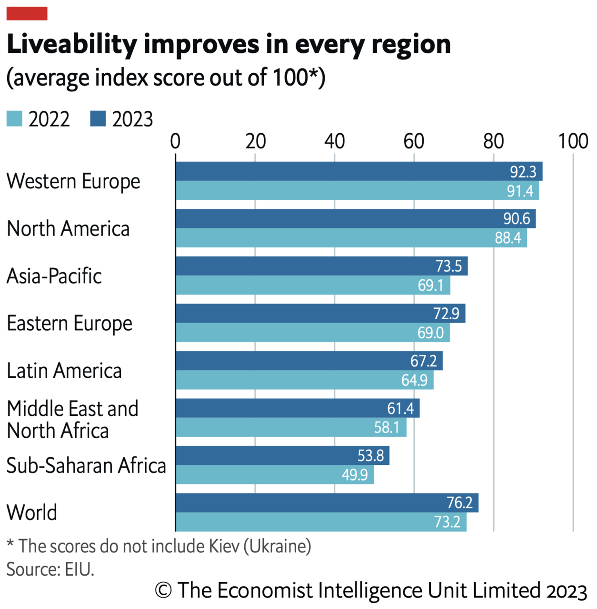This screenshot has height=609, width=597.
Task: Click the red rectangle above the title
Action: pyautogui.click(x=27, y=13)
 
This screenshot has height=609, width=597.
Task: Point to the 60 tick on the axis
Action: pyautogui.click(x=414, y=141)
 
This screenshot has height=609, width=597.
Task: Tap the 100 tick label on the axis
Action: pyautogui.click(x=573, y=141)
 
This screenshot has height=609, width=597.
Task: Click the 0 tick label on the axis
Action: pyautogui.click(x=175, y=141)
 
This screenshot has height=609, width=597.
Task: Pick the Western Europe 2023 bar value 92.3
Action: pyautogui.click(x=523, y=172)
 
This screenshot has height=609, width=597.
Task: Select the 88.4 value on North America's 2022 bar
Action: pyautogui.click(x=507, y=238)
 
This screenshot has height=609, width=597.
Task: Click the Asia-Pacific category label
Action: pyautogui.click(x=54, y=276)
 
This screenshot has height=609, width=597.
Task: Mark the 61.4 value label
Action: pyautogui.click(x=400, y=409)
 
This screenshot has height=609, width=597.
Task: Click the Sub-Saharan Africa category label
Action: pyautogui.click(x=86, y=465)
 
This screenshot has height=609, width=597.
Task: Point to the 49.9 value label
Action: pyautogui.click(x=355, y=475)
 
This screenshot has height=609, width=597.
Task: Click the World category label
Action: pyautogui.click(x=32, y=512)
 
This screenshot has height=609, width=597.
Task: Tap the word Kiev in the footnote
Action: pyautogui.click(x=224, y=546)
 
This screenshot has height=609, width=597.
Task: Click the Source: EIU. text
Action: pyautogui.click(x=50, y=569)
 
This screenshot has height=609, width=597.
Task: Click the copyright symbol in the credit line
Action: pyautogui.click(x=163, y=590)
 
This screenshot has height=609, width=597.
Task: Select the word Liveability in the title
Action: pyautogui.click(x=72, y=44)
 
